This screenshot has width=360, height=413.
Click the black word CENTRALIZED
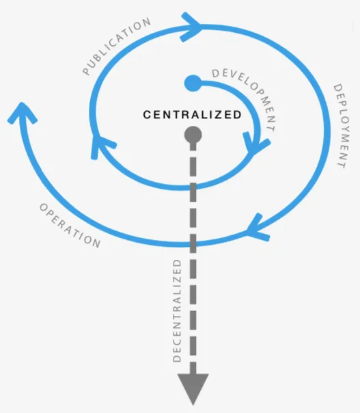coord(192,115)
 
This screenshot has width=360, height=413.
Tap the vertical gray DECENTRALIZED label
coord(177,311)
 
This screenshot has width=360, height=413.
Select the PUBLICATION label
coord(117,46)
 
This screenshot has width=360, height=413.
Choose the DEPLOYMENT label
coord(342,126)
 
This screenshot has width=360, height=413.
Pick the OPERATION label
coord(70,226)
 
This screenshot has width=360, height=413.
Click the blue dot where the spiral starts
coord(193,83)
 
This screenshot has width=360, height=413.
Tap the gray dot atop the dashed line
coord(193,135)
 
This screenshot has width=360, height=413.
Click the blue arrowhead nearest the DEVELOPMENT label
coord(255,144)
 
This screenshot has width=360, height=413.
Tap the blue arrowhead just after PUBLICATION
coord(191,27)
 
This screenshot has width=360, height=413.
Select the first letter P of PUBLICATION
coord(86,71)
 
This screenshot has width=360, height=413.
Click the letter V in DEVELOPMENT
coord(231,76)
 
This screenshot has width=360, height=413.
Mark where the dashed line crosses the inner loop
coord(193,187)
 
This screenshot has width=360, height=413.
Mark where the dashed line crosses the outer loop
coord(193,245)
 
